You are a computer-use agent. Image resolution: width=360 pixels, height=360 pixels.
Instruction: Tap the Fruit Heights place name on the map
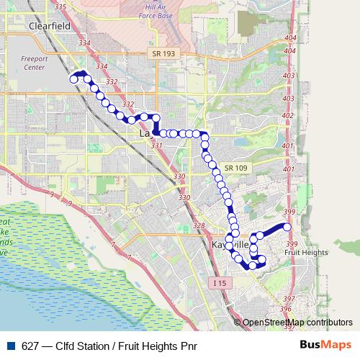[305, 252]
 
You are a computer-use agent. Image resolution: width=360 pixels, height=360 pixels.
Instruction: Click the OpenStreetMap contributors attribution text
[298, 323]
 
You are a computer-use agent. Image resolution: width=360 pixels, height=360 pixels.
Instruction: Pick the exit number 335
[60, 7]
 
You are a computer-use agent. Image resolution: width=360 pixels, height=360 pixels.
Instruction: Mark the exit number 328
[199, 225]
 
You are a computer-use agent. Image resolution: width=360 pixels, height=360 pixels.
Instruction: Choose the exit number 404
[290, 37]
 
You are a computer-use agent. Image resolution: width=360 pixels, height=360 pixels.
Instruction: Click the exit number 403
[289, 76]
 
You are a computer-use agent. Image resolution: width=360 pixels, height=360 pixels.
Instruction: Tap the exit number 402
[289, 116]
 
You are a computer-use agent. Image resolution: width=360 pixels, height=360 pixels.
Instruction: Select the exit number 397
[287, 298]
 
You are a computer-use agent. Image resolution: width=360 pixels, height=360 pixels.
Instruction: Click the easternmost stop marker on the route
[287, 228]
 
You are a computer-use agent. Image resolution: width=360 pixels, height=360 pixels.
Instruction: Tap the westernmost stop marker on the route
[73, 79]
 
